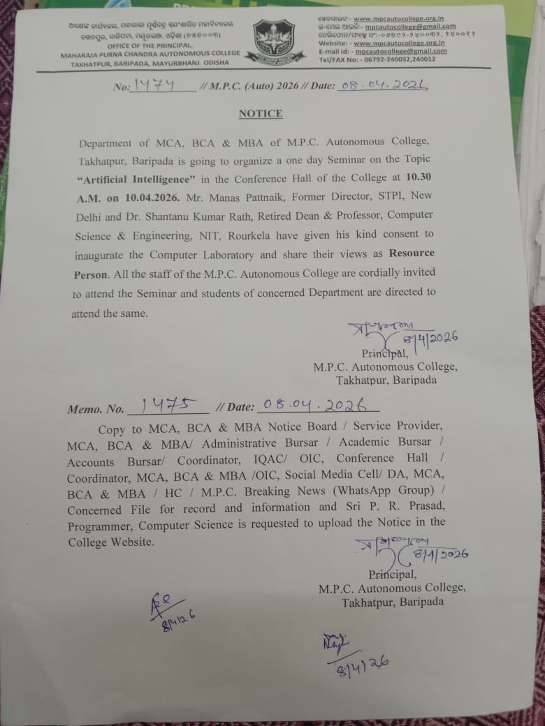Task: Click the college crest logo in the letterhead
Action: tap(274, 40)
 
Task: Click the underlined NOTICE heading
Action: tap(261, 113)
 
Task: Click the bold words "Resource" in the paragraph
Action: tap(411, 253)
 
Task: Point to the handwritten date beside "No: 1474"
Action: tap(381, 84)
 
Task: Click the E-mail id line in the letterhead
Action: tap(381, 51)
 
